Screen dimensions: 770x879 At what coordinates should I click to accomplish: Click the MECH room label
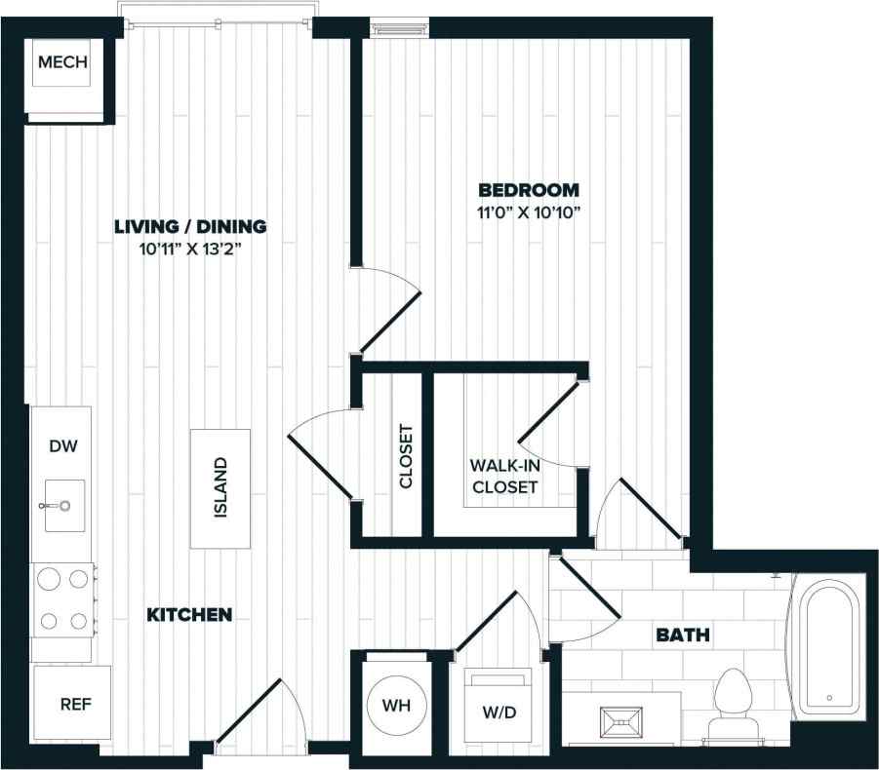62,63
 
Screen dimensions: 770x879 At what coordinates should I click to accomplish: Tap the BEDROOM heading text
528,190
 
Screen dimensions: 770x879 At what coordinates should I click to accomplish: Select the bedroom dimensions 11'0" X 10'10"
528,213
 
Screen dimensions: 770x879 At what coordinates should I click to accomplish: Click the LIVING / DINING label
190,227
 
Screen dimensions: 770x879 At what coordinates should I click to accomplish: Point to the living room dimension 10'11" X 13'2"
190,250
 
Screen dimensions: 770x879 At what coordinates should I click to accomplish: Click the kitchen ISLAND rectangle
220,487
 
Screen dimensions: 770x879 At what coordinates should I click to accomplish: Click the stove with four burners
63,598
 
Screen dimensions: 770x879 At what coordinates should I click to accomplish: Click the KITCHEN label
189,615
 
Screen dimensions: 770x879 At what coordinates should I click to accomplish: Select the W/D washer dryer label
499,712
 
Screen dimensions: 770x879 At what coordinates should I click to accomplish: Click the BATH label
682,636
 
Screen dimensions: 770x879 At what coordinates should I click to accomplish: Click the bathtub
827,647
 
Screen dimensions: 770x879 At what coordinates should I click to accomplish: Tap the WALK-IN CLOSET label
503,476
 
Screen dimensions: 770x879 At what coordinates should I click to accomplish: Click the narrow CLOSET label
407,456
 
